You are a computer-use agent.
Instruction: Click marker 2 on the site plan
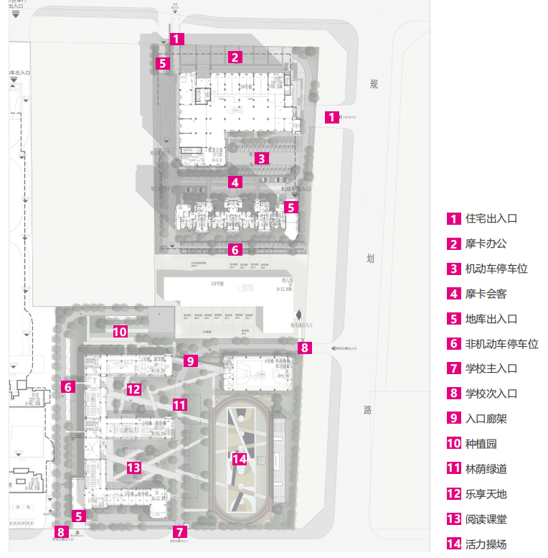point(235,57)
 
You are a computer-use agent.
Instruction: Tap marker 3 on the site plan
point(263,159)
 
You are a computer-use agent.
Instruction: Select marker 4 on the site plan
point(235,182)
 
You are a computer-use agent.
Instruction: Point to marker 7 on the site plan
point(180,532)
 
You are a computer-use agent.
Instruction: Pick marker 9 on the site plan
point(190,361)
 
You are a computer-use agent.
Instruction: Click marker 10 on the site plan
point(120,332)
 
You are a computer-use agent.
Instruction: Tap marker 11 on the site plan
point(179,405)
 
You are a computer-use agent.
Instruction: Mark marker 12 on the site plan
point(133,390)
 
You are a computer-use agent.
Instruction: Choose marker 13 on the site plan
point(133,468)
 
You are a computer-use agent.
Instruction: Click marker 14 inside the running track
point(240,459)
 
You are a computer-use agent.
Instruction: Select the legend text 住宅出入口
point(491,219)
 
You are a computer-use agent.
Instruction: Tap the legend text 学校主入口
point(491,369)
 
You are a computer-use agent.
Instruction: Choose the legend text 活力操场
point(486,544)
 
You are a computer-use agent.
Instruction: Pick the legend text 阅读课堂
point(486,519)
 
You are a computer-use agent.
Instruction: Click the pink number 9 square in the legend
point(453,419)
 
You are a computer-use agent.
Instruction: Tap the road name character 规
point(373,85)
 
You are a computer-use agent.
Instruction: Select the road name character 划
point(371,260)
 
